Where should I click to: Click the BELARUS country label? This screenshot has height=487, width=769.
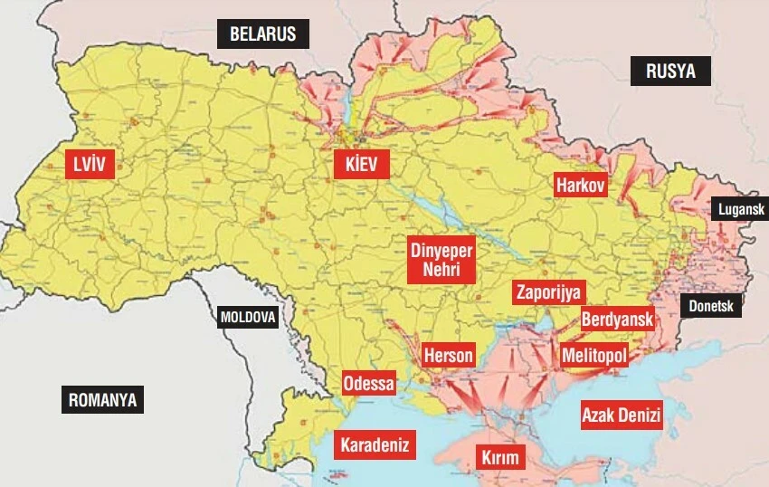pyautogui.click(x=262, y=34)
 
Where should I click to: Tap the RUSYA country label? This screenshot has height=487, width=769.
pyautogui.click(x=670, y=72)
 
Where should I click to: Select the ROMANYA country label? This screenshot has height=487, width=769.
pyautogui.click(x=103, y=399)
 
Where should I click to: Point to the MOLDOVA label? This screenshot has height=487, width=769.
pyautogui.click(x=248, y=318)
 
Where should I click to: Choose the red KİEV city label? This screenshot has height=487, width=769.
pyautogui.click(x=361, y=165)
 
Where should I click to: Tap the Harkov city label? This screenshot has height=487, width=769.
pyautogui.click(x=581, y=185)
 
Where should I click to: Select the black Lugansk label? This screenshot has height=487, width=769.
pyautogui.click(x=740, y=210)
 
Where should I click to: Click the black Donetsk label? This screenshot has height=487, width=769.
pyautogui.click(x=710, y=306)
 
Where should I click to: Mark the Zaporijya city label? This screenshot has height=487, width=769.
pyautogui.click(x=548, y=292)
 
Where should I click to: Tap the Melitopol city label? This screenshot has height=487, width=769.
pyautogui.click(x=593, y=356)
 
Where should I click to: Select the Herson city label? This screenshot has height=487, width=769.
pyautogui.click(x=449, y=355)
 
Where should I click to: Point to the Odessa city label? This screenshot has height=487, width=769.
pyautogui.click(x=369, y=384)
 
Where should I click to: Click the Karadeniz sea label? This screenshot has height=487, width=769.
pyautogui.click(x=375, y=445)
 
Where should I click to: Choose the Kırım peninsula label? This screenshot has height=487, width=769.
pyautogui.click(x=500, y=458)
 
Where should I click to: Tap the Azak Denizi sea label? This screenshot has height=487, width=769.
pyautogui.click(x=622, y=415)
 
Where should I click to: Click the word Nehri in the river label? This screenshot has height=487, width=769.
pyautogui.click(x=441, y=271)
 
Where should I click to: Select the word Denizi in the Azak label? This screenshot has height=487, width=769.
pyautogui.click(x=641, y=415)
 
